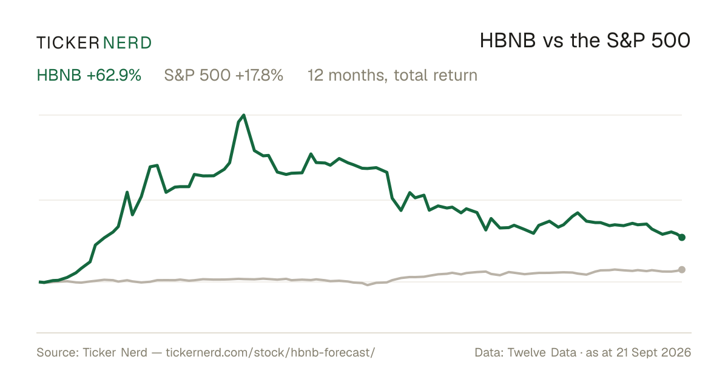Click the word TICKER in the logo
pyautogui.click(x=68, y=43)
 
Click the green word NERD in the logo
pyautogui.click(x=127, y=43)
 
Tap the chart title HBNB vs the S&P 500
pyautogui.click(x=585, y=41)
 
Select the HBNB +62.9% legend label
pyautogui.click(x=89, y=75)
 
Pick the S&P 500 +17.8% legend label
pyautogui.click(x=224, y=75)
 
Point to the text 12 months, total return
pyautogui.click(x=393, y=76)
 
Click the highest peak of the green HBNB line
pyautogui.click(x=244, y=115)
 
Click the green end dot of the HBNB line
pyautogui.click(x=682, y=238)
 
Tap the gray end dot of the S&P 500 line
pyautogui.click(x=682, y=270)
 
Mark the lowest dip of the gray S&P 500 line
pyautogui.click(x=368, y=285)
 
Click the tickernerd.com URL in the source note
pyautogui.click(x=271, y=352)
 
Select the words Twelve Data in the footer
pyautogui.click(x=542, y=352)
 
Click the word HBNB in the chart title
pyautogui.click(x=508, y=41)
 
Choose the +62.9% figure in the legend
pyautogui.click(x=114, y=75)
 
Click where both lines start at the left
pyautogui.click(x=39, y=282)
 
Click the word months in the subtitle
pyautogui.click(x=357, y=75)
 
